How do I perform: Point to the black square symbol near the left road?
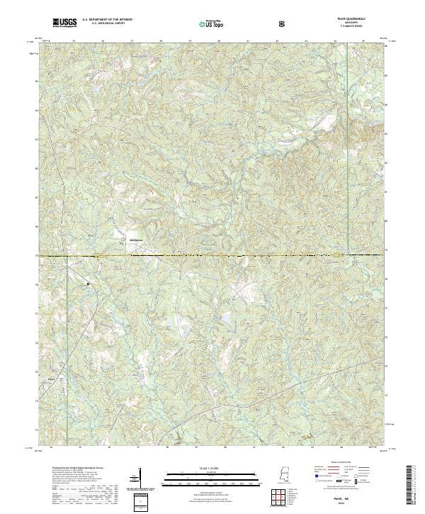[87, 284]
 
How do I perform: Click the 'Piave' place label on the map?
[51, 378]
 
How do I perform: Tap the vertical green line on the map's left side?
[67, 319]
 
